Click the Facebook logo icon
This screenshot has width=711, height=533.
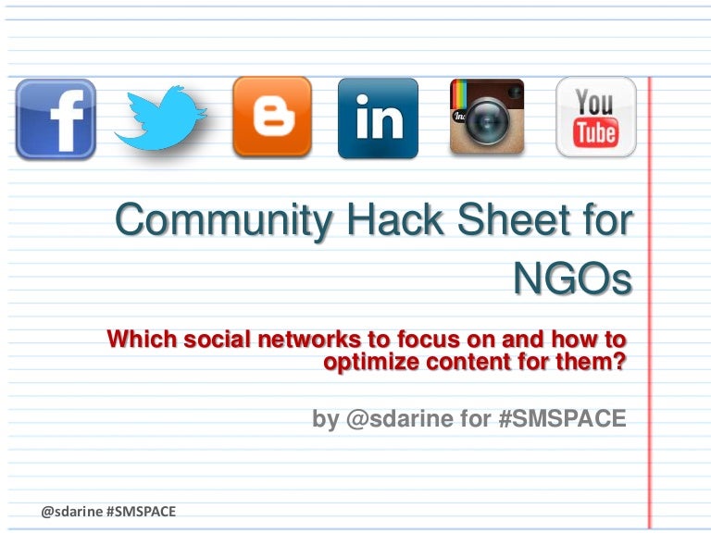pyautogui.click(x=56, y=118)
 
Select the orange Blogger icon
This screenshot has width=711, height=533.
pyautogui.click(x=271, y=117)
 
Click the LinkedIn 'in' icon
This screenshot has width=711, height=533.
pyautogui.click(x=378, y=118)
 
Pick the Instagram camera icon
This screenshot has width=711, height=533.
pyautogui.click(x=487, y=117)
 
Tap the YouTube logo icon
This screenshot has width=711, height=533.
pyautogui.click(x=595, y=117)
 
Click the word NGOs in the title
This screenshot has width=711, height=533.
pyautogui.click(x=571, y=279)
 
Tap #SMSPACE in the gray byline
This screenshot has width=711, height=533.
pyautogui.click(x=562, y=419)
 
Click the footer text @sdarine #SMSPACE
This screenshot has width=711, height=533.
pyautogui.click(x=108, y=510)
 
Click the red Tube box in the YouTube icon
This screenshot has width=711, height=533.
pyautogui.click(x=595, y=133)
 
